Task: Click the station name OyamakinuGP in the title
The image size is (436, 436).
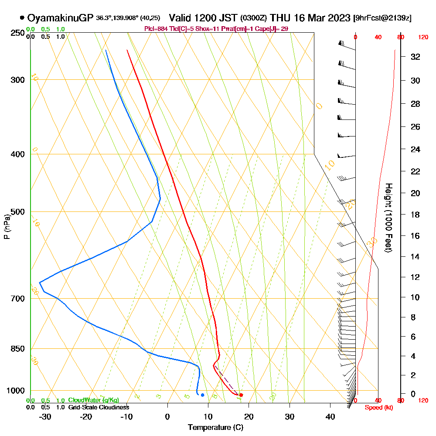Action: pyautogui.click(x=60, y=18)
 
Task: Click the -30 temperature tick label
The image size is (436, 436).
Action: pyautogui.click(x=45, y=417)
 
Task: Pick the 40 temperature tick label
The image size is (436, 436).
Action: pyautogui.click(x=330, y=417)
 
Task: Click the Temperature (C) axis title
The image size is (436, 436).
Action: pyautogui.click(x=215, y=428)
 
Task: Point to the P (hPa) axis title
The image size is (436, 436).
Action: pyautogui.click(x=7, y=226)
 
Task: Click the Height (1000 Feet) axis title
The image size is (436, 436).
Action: pyautogui.click(x=388, y=218)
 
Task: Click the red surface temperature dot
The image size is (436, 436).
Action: pyautogui.click(x=241, y=395)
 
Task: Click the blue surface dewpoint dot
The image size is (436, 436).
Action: pyautogui.click(x=202, y=395)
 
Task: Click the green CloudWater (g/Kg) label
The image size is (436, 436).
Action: pyautogui.click(x=93, y=400)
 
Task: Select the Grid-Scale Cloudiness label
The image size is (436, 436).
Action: pyautogui.click(x=99, y=407)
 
